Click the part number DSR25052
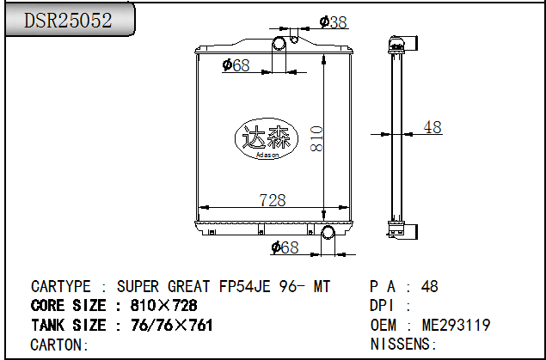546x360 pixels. point(68,21)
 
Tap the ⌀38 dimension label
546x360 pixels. point(334,22)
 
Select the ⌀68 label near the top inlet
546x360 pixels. point(236,65)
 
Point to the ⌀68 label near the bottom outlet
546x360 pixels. point(285,247)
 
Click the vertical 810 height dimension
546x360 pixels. point(316,139)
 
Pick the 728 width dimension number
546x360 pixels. point(273,200)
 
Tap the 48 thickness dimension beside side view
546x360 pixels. point(433,127)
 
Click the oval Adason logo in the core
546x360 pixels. point(267,138)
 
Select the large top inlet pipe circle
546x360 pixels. point(279,43)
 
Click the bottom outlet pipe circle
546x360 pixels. point(328,232)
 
